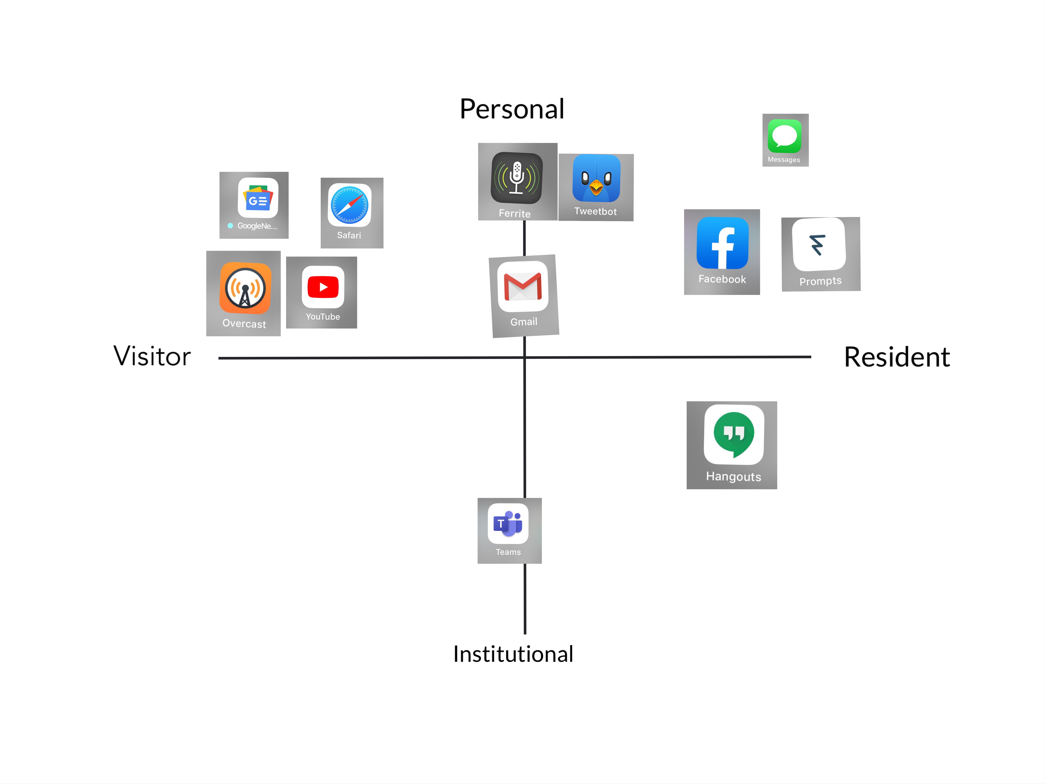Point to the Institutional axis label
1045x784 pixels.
click(513, 654)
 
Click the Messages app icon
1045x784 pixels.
click(785, 136)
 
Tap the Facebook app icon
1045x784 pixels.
click(722, 243)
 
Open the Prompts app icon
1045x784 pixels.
click(819, 244)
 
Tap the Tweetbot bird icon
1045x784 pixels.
click(596, 178)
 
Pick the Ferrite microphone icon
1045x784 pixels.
click(517, 178)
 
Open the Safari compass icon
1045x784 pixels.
click(350, 205)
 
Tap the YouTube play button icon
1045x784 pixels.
click(323, 287)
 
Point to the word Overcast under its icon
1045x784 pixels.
click(244, 324)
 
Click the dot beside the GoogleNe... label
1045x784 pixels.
click(230, 226)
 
